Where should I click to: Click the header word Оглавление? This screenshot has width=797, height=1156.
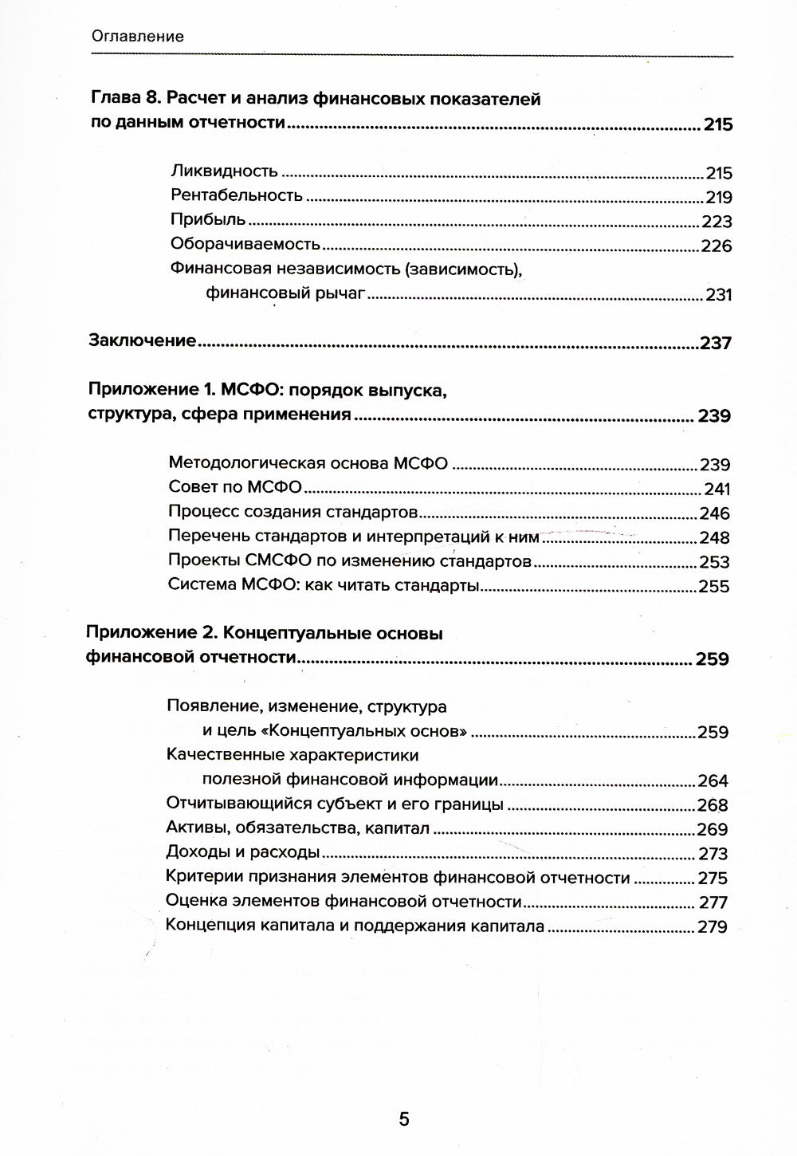[x=138, y=36]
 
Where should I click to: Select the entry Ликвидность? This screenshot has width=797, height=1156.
[x=224, y=171]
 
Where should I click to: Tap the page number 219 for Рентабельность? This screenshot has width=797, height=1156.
[x=718, y=198]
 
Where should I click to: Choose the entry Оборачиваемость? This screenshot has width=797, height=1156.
[x=245, y=245]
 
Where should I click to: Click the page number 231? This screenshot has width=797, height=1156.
[x=718, y=295]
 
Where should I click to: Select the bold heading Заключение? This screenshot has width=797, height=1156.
[x=142, y=341]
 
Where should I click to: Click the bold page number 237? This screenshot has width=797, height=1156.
[x=715, y=344]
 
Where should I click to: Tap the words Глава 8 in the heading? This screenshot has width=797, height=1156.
[x=116, y=100]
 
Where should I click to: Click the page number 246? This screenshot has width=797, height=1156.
[x=714, y=513]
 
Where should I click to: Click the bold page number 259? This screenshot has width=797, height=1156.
[x=712, y=659]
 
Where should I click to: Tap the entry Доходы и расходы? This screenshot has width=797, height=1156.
[x=243, y=852]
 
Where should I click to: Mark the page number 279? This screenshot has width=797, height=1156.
[x=712, y=927]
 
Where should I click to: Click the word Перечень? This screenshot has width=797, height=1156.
[x=204, y=537]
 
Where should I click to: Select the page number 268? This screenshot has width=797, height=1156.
[x=713, y=805]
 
